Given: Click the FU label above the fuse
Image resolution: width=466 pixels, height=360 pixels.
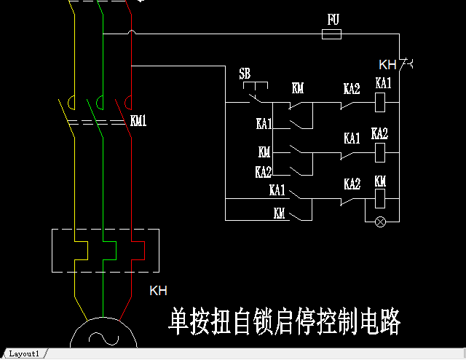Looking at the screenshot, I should click(333, 20).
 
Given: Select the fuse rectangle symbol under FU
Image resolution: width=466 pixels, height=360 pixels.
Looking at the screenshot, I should click(332, 34).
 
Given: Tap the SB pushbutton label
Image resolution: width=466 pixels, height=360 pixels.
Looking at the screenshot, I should click(245, 74).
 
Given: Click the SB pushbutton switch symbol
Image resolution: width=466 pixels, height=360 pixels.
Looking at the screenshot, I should click(254, 93).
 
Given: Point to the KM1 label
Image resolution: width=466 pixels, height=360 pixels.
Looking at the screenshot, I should click(138, 121).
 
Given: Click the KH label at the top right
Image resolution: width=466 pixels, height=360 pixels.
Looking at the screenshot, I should click(387, 64).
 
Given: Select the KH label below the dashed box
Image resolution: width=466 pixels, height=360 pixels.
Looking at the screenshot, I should click(158, 291).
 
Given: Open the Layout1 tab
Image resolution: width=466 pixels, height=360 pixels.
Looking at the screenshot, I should click(24, 353).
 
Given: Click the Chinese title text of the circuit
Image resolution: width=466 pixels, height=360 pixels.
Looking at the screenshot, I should click(285, 321).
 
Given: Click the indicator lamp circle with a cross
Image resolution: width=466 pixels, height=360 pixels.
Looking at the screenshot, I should click(379, 221).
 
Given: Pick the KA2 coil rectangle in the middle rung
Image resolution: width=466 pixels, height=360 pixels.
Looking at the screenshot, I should click(379, 152).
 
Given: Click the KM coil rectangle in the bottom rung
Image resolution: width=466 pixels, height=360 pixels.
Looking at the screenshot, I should click(379, 198).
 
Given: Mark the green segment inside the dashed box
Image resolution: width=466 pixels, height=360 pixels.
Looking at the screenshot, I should click(109, 258).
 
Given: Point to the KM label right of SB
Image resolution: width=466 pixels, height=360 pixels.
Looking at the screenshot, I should click(297, 89).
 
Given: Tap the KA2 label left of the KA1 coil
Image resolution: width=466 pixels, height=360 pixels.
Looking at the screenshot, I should click(352, 89).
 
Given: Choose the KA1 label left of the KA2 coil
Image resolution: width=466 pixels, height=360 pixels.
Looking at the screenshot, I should click(352, 138).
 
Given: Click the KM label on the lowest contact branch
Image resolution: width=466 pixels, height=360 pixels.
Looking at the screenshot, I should click(279, 214).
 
